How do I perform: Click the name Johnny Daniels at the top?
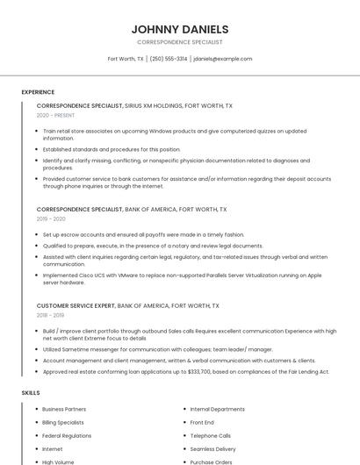click(x=180, y=29)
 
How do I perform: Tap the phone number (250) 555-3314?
click(x=169, y=59)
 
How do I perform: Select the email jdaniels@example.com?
click(x=222, y=59)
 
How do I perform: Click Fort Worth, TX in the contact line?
click(x=126, y=59)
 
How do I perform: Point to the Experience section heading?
click(x=38, y=92)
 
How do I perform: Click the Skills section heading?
click(x=31, y=393)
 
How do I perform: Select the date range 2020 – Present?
click(x=55, y=115)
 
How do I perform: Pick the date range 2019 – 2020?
click(x=51, y=219)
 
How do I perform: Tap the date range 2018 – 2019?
click(x=50, y=315)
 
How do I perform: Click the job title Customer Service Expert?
click(x=76, y=305)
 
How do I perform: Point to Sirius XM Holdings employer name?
click(x=154, y=105)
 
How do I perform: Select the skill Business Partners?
click(x=64, y=409)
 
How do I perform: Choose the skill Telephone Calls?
click(x=211, y=435)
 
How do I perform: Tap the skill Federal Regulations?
click(x=67, y=435)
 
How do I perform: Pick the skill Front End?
click(x=202, y=422)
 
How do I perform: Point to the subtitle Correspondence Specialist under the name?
click(x=180, y=42)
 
